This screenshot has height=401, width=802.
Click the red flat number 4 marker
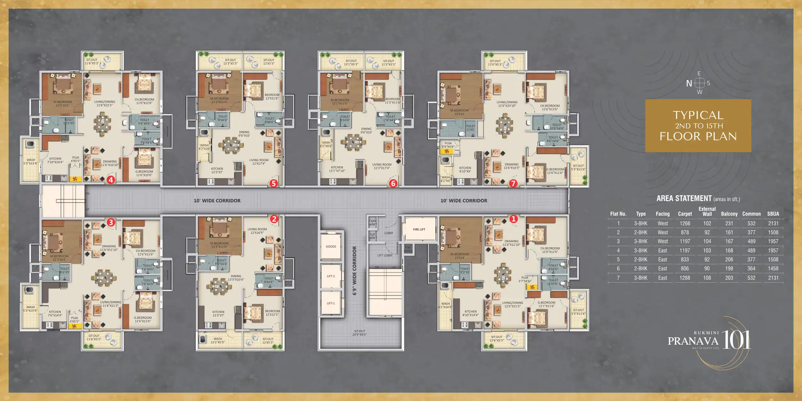click(x=111, y=180)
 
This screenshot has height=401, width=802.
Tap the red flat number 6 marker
click(x=393, y=184)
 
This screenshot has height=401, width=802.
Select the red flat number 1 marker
click(x=513, y=219)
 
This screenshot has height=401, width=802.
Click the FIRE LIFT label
click(x=419, y=229)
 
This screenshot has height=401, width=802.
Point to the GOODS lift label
click(x=331, y=247)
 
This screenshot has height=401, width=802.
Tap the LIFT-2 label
click(x=331, y=276)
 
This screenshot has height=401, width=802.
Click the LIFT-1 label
click(x=331, y=303)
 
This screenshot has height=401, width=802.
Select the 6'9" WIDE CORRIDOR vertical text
click(x=354, y=271)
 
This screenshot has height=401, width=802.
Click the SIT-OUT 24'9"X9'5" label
click(x=360, y=333)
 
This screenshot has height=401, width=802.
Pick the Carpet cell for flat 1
click(x=685, y=224)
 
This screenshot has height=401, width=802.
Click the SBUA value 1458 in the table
click(x=773, y=269)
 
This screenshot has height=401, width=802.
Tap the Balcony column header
click(x=729, y=214)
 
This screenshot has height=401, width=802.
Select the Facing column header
click(x=662, y=214)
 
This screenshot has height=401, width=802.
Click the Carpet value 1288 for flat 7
click(x=685, y=278)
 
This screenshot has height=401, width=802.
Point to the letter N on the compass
click(x=689, y=84)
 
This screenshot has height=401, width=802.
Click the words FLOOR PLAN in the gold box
click(x=698, y=136)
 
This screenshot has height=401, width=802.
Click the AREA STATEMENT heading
click(x=684, y=199)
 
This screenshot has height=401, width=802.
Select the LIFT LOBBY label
click(x=385, y=256)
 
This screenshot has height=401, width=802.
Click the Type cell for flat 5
click(x=641, y=260)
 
